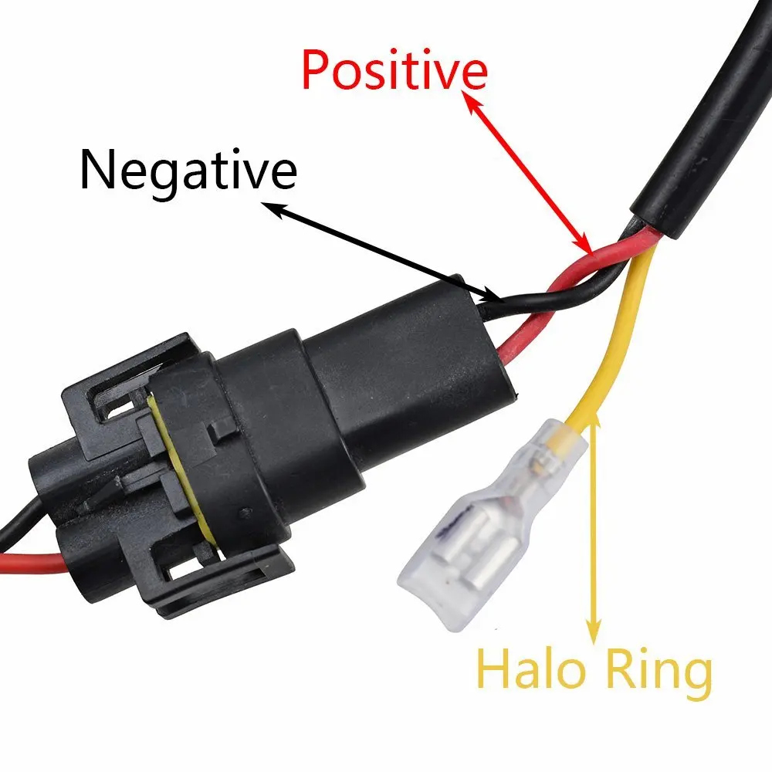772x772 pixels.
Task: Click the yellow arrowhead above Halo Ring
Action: (x=594, y=424)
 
